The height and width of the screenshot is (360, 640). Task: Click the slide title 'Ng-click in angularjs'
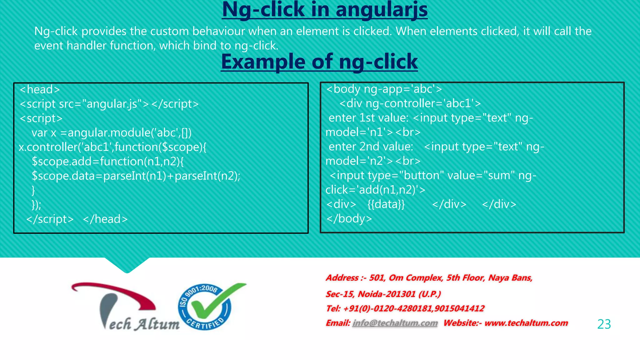click(x=325, y=10)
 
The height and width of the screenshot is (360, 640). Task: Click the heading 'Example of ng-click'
click(x=319, y=62)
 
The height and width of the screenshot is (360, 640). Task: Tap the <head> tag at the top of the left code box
click(x=40, y=90)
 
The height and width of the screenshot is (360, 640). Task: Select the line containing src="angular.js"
click(x=109, y=104)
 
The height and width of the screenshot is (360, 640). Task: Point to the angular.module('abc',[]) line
click(x=111, y=133)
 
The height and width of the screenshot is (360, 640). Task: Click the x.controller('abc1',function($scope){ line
click(x=112, y=147)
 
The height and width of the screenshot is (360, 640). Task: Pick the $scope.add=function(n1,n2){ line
click(x=108, y=162)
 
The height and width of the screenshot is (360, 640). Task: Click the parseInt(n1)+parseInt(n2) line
click(x=136, y=176)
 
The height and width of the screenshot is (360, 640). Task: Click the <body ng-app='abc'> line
click(x=384, y=89)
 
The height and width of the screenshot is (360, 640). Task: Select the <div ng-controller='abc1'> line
click(x=410, y=103)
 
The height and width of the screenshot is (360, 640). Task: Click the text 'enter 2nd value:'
click(x=371, y=147)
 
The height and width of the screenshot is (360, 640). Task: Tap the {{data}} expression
click(x=386, y=204)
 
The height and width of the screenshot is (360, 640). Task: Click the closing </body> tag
click(x=349, y=219)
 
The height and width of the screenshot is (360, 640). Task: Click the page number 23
click(x=604, y=324)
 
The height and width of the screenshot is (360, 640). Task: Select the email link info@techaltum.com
click(x=395, y=323)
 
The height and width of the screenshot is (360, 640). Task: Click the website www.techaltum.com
click(x=526, y=323)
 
